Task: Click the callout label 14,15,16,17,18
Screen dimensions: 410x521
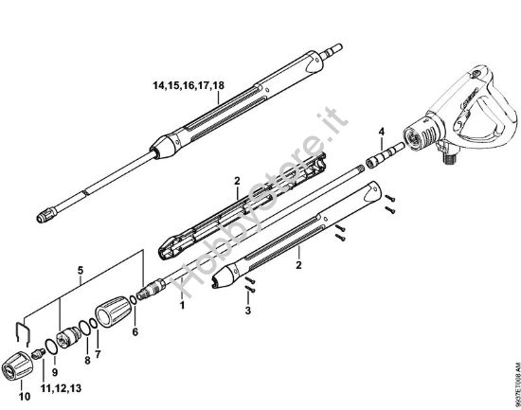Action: (x=188, y=85)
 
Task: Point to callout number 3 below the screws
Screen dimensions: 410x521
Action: (x=247, y=310)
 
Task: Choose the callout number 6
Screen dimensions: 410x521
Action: (x=135, y=332)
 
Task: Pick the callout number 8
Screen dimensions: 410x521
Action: (x=87, y=361)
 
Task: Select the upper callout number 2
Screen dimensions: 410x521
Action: (x=237, y=177)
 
